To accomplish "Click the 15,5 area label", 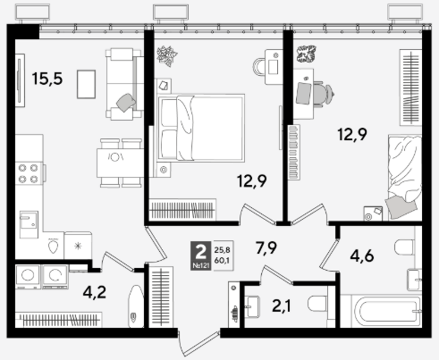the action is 47,79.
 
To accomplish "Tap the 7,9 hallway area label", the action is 266,247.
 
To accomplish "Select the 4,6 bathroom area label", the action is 362,256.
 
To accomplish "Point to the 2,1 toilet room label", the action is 282,306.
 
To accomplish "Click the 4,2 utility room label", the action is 95,292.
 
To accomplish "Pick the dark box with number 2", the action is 201,255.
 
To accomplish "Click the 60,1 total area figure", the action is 222,260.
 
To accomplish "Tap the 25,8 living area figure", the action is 222,250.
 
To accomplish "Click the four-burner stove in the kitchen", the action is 29,173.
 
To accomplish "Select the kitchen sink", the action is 29,224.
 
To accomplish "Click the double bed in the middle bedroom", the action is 201,128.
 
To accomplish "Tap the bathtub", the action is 387,311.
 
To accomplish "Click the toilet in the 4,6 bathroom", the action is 404,247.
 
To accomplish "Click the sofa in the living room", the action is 123,84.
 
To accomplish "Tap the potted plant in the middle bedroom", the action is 167,55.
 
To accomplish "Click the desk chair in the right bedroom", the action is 323,94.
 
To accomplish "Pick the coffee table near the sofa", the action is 86,84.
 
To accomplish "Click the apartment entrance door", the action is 198,342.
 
